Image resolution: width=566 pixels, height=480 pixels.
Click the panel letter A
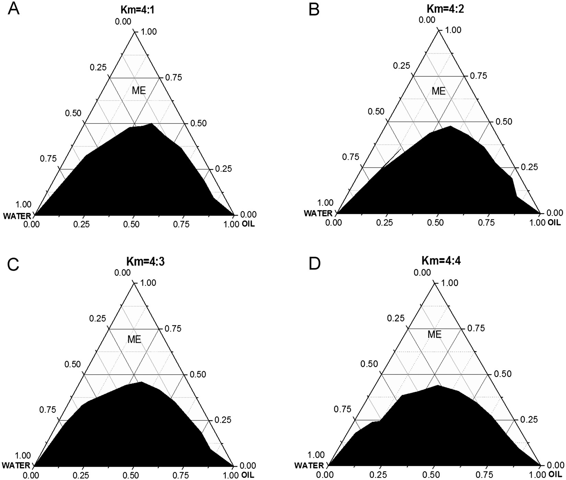[x=13, y=9]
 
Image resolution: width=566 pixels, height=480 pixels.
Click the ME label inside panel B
[x=438, y=91]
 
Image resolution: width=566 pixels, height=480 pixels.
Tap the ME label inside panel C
[x=134, y=339]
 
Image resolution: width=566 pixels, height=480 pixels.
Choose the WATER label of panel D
[x=309, y=466]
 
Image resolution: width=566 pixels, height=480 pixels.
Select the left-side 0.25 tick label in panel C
[x=97, y=318]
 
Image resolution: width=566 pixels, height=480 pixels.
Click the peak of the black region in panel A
[x=151, y=124]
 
